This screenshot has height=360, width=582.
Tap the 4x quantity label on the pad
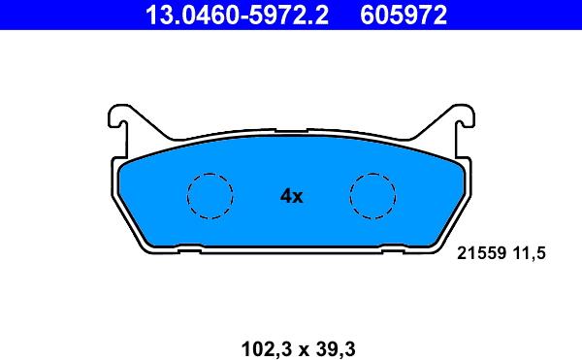click(x=291, y=196)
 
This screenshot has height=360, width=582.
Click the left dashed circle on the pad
click(x=210, y=196)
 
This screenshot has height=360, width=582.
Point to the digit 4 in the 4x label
click(x=285, y=196)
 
